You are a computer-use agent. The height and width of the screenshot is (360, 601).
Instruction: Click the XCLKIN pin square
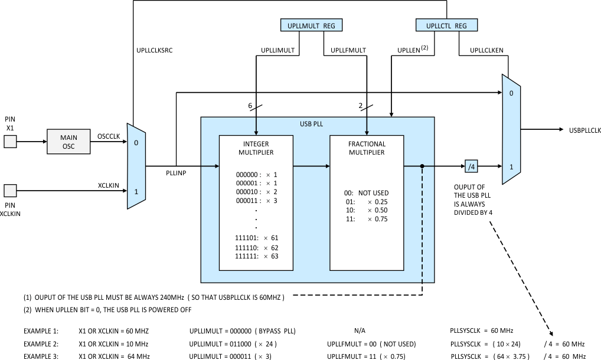point(10,191)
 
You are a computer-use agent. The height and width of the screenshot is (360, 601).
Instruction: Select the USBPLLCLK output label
point(584,130)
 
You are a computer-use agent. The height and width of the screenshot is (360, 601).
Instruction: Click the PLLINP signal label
point(177,175)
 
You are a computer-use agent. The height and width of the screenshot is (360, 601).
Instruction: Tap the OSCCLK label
point(109,136)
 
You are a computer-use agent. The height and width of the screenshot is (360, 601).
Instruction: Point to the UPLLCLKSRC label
point(154,50)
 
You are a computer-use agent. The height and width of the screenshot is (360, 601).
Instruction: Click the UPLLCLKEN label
point(486,51)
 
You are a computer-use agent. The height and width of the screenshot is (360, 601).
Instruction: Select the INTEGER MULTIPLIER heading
point(256,148)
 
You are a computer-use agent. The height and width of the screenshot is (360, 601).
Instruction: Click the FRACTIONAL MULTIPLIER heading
point(367,148)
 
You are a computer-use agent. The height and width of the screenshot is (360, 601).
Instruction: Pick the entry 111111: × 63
point(256,256)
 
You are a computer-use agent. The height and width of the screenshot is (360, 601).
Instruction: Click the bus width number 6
point(251,105)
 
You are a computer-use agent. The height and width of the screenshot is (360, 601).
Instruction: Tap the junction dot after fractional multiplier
point(422,166)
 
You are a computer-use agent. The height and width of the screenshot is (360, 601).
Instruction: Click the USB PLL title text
point(318,124)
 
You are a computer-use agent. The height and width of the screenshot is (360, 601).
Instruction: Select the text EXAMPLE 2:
point(41,344)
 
